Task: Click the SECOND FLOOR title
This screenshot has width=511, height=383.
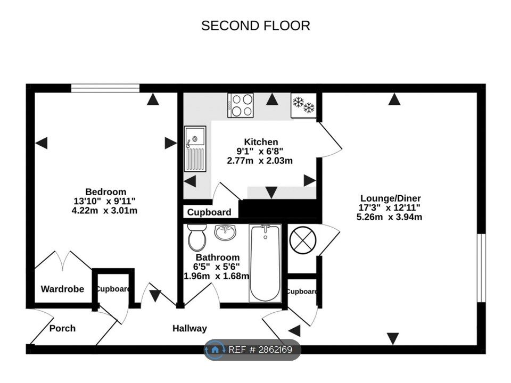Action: point(256,26)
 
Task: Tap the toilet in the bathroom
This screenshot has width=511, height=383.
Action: point(197,237)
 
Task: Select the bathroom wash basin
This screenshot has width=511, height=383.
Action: point(225,232)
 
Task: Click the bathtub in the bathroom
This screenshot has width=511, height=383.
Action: point(266,263)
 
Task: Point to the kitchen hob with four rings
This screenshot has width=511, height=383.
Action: point(241,105)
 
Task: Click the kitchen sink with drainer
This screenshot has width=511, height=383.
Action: point(195,149)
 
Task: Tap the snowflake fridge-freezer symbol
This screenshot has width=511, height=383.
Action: point(303,104)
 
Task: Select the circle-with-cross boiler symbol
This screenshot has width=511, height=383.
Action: point(303,240)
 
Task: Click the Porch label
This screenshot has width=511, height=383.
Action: point(62,328)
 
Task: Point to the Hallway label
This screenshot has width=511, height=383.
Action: point(189,328)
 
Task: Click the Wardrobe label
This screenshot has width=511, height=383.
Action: point(62,289)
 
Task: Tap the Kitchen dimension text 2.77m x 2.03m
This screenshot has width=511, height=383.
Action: point(260,161)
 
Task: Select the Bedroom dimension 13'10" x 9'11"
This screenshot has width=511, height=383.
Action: point(104,201)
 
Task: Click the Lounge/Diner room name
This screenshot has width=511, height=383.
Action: point(390,198)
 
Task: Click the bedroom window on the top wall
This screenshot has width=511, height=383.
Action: point(105,88)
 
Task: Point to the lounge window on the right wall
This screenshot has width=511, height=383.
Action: point(481,268)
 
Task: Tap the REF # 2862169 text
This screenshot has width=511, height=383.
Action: point(260,350)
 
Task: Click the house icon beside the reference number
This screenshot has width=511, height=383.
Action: point(215,350)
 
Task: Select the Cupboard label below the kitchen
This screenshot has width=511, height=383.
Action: point(209,212)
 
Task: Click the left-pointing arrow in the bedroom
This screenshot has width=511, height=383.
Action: point(42,143)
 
